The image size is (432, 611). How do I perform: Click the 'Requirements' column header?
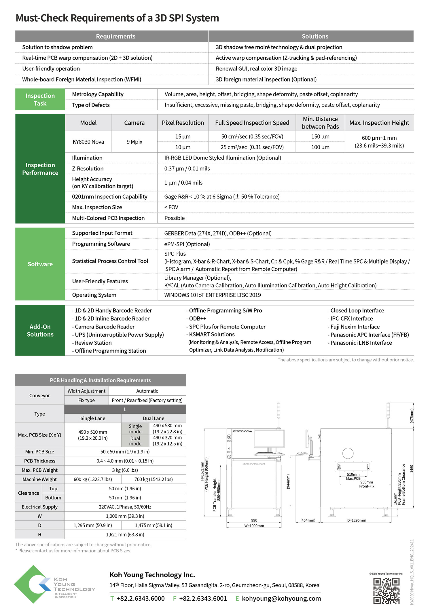[x=115, y=36]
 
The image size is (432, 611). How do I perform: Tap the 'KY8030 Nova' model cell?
[x=88, y=142]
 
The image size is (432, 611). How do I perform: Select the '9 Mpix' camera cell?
[x=134, y=142]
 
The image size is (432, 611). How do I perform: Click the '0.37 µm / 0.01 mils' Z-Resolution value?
[x=187, y=168]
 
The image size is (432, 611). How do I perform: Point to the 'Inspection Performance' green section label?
[x=40, y=169]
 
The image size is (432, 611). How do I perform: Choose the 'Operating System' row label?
[x=94, y=295]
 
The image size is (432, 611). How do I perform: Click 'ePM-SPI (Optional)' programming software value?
[x=187, y=244]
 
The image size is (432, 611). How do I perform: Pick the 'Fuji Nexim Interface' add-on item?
[x=355, y=327]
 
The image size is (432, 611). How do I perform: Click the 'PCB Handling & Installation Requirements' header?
[x=100, y=380]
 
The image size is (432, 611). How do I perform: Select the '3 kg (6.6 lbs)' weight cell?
[x=125, y=470]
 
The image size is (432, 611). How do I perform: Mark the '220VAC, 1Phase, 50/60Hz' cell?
[x=125, y=507]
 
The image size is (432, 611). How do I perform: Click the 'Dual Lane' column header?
[x=154, y=418]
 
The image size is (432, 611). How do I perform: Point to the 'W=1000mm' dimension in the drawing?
[x=254, y=526]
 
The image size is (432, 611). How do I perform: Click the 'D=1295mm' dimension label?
[x=357, y=520]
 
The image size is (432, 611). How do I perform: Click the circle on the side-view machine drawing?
[x=348, y=453]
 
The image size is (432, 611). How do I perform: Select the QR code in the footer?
[x=386, y=591]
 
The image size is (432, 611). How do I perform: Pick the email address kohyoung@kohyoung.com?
[x=281, y=599]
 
